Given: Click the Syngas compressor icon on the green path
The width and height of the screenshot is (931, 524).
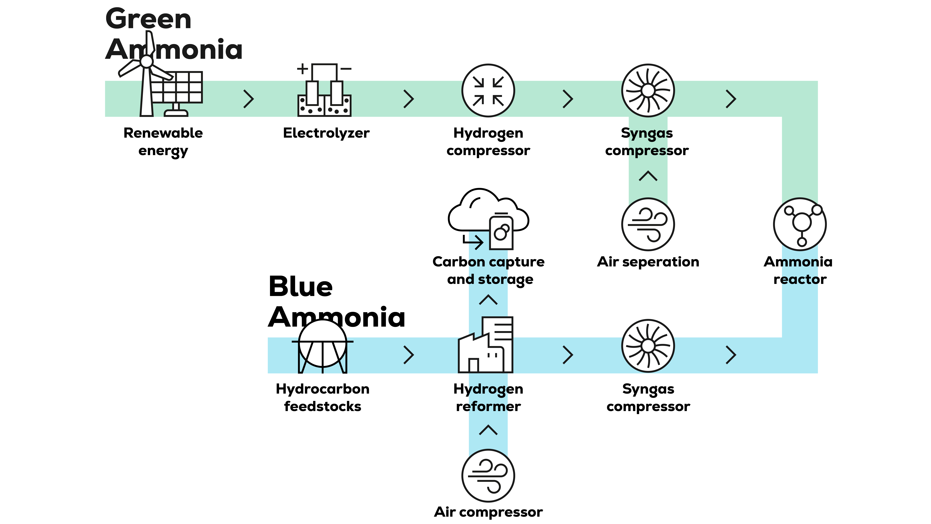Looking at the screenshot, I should coord(648,90).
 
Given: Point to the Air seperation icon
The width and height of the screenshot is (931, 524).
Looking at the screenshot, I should coord(648,224).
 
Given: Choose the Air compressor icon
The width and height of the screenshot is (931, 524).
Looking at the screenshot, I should coord(488,476).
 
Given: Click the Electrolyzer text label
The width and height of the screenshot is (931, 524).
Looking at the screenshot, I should coord(326,133).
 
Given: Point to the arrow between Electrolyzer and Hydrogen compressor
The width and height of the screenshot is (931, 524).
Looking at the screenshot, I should coord(408,99).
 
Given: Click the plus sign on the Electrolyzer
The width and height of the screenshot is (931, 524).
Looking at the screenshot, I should coord(302,69).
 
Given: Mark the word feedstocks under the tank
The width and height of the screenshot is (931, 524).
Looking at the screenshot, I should coord(322,407).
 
